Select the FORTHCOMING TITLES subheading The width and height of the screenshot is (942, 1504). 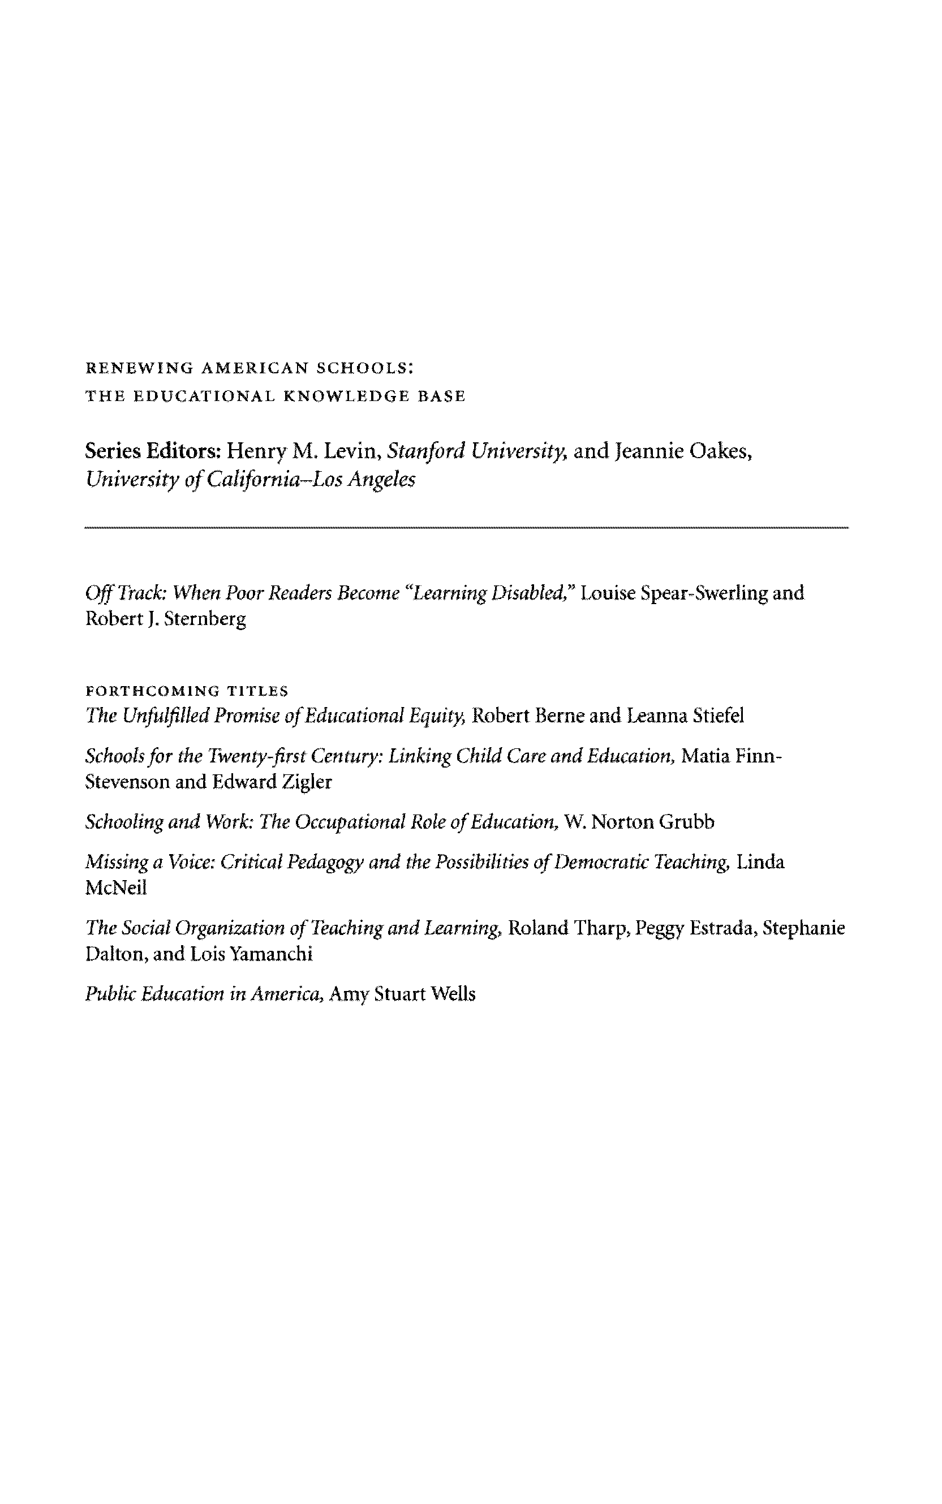186,691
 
